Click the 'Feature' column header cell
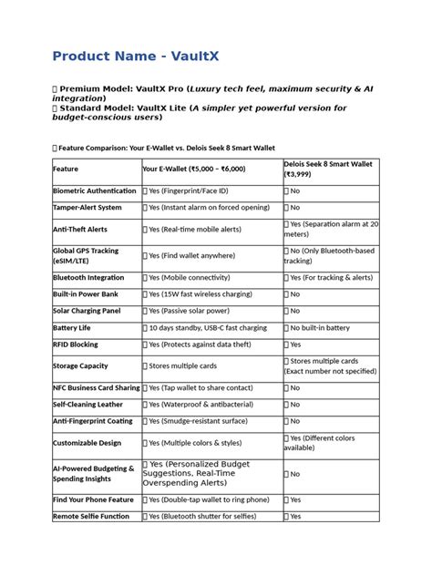point(66,169)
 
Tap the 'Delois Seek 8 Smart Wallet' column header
point(330,164)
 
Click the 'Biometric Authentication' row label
point(95,190)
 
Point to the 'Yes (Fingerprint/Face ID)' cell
point(186,190)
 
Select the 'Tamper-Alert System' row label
point(87,208)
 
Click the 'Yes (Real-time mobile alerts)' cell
point(201,230)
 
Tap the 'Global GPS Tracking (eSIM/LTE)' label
point(86,255)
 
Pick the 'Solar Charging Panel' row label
point(87,311)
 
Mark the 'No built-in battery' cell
point(319,327)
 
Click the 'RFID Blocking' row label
point(77,345)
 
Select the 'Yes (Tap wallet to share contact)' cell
point(204,387)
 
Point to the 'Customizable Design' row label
point(87,443)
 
